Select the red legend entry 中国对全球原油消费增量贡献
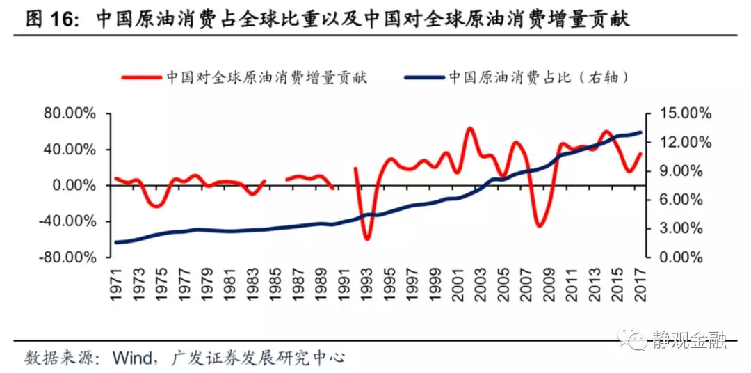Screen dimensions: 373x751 click(x=268, y=77)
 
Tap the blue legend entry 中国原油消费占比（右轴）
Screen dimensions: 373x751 click(x=539, y=77)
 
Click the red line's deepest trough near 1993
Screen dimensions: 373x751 click(x=366, y=239)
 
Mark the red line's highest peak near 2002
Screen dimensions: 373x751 click(x=470, y=129)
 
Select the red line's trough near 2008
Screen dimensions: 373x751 click(x=540, y=225)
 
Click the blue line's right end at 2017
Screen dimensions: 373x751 click(x=640, y=132)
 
